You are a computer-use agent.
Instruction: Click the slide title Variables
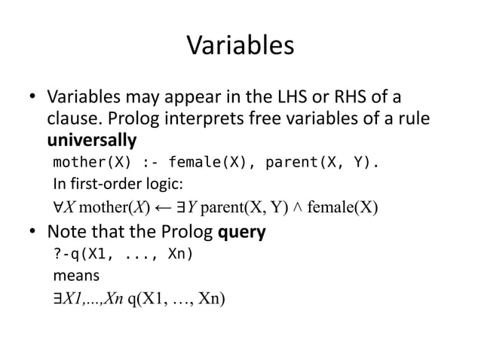(x=240, y=47)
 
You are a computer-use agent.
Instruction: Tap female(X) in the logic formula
(x=337, y=207)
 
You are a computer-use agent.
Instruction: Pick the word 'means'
(x=75, y=276)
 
